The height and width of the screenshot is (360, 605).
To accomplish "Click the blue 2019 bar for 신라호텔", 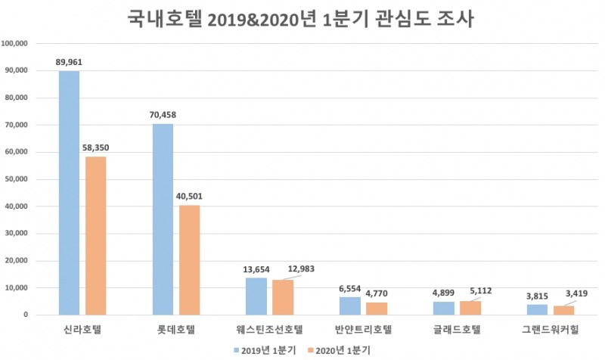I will tap(69, 193).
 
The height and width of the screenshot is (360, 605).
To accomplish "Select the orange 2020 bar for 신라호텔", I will tap(96, 235).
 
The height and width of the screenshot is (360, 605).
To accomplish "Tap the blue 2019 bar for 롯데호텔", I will tap(163, 219).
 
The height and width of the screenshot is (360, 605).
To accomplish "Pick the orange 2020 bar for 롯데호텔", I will tap(190, 259).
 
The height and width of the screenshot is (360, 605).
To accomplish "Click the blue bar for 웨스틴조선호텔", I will tap(256, 296).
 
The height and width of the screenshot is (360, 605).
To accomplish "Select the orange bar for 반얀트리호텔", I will tap(377, 308).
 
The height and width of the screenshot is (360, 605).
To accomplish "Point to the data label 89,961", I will tap(69, 62).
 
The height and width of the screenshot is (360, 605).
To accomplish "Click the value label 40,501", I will tap(189, 197).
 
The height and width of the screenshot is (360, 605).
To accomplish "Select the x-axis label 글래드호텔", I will tap(458, 330).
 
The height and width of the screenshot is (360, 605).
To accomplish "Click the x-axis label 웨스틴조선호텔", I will tap(270, 330).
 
